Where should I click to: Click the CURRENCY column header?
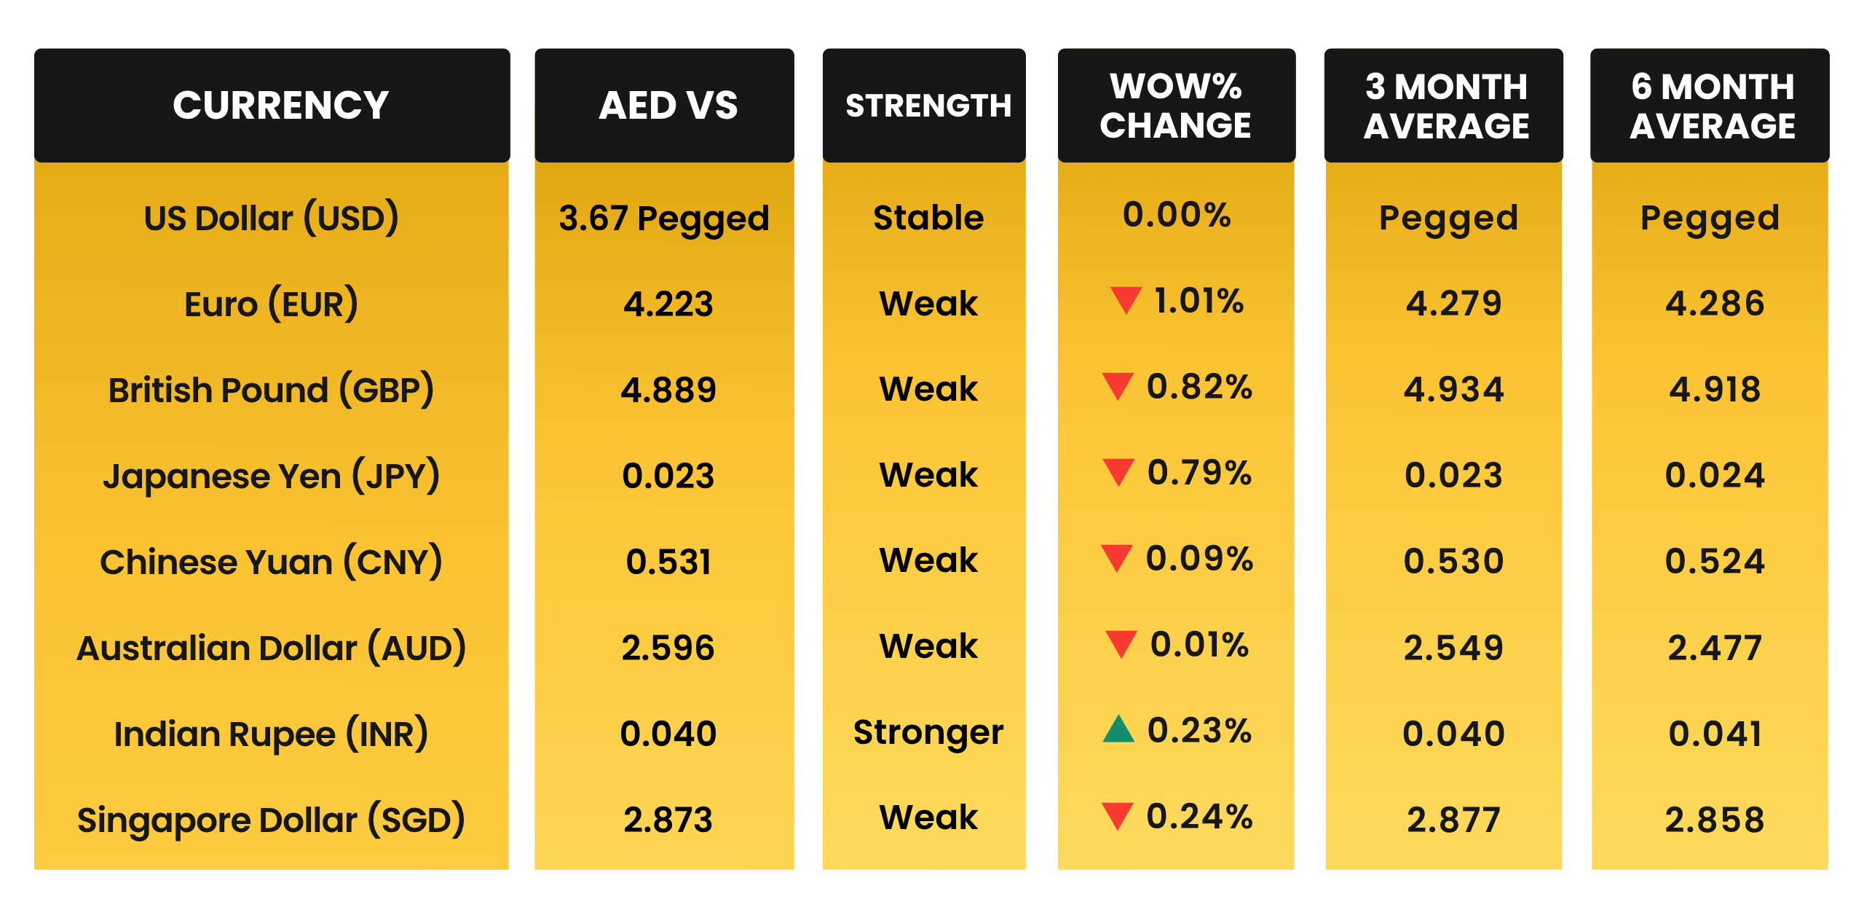click(x=280, y=106)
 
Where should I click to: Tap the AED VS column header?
click(x=668, y=106)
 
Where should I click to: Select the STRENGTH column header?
click(x=928, y=106)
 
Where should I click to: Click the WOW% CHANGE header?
click(x=1175, y=106)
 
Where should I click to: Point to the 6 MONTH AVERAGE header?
click(x=1713, y=106)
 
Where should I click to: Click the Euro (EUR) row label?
click(x=271, y=304)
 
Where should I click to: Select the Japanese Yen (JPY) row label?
click(x=271, y=476)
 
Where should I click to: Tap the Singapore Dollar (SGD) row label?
click(x=271, y=820)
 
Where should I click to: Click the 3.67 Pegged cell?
click(x=663, y=219)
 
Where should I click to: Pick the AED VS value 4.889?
click(x=668, y=390)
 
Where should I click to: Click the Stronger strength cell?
click(x=928, y=733)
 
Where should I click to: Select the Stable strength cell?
click(x=928, y=218)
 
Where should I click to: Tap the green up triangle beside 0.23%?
click(x=1118, y=729)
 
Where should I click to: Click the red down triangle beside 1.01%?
click(x=1126, y=299)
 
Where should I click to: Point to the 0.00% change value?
click(x=1177, y=215)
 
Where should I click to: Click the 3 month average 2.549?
click(x=1453, y=648)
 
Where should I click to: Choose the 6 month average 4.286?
click(x=1715, y=304)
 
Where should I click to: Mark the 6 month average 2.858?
click(x=1715, y=820)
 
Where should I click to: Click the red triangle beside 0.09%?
click(x=1116, y=557)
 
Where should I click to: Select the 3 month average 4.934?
click(x=1453, y=390)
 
